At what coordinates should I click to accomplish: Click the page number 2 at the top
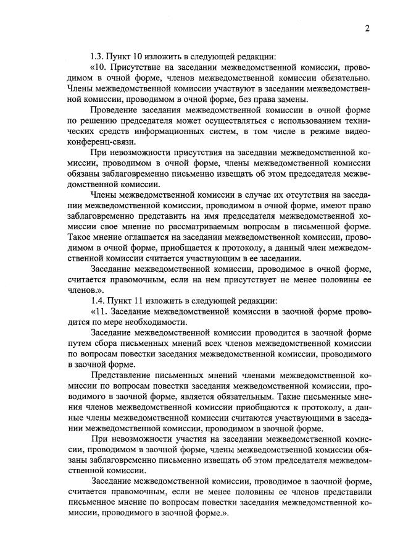(x=367, y=28)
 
